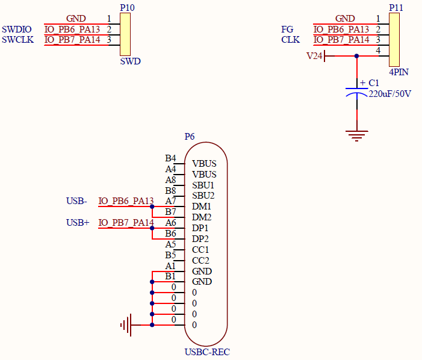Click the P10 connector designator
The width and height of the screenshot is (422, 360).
tap(127, 7)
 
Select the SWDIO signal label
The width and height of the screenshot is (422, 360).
tap(17, 29)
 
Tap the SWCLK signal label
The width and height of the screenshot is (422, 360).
tap(18, 40)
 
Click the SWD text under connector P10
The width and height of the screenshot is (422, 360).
tap(130, 61)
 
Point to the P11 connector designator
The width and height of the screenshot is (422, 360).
tap(396, 7)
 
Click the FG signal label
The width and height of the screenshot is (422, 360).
tap(287, 29)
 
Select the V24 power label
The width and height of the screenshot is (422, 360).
tap(314, 56)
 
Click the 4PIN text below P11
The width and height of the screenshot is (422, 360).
tap(399, 72)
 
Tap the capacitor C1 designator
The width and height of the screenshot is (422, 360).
tap(373, 83)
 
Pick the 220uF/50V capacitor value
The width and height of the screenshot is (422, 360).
tap(390, 94)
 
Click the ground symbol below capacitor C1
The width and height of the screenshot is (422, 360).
tap(357, 135)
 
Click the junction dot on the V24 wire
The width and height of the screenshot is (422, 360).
tap(357, 56)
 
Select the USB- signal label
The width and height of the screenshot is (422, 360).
tap(76, 201)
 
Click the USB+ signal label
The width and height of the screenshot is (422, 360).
tap(78, 223)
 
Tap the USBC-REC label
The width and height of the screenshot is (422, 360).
tap(207, 352)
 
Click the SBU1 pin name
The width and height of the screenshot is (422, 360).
tap(203, 185)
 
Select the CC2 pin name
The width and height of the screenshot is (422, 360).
tap(200, 261)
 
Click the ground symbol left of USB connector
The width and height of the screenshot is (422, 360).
tap(126, 325)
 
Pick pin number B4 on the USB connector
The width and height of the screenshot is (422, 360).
tap(170, 158)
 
